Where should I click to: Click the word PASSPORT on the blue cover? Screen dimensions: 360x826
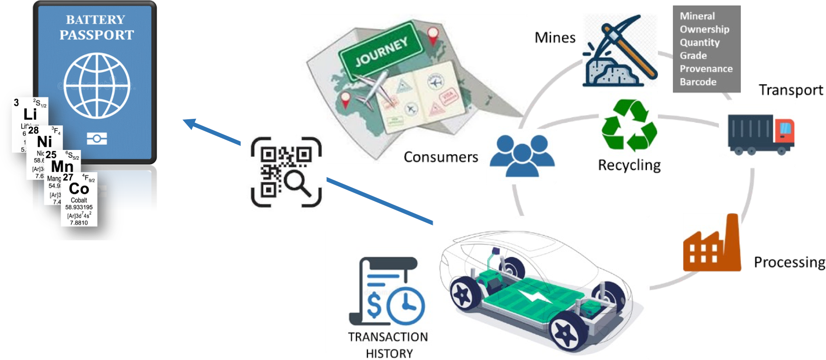[97, 35]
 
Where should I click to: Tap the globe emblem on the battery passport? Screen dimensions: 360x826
[97, 86]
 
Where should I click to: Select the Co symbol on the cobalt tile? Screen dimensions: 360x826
[79, 189]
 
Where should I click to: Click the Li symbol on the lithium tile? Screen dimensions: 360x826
[30, 114]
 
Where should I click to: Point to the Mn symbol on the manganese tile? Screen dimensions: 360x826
[62, 167]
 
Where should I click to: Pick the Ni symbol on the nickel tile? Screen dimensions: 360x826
[45, 142]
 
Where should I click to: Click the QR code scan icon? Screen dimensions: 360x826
[286, 172]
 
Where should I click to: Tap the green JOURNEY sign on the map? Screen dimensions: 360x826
[381, 53]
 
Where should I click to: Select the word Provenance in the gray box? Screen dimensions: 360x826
[706, 69]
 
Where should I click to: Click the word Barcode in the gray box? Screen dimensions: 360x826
[698, 82]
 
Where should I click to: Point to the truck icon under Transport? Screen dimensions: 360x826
[761, 134]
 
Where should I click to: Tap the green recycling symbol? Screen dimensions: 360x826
[629, 125]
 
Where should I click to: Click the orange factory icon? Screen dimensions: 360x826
[712, 245]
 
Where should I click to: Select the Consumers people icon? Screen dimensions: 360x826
[522, 155]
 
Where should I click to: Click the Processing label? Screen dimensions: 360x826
[789, 262]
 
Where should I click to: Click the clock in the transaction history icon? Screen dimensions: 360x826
[406, 306]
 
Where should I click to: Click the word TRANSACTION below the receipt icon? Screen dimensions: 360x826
[388, 337]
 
